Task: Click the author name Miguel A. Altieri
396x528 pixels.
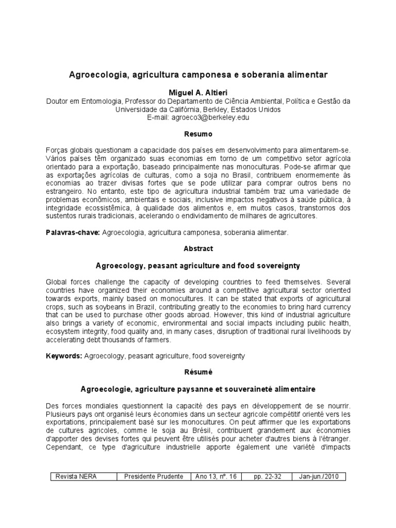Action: [x=199, y=91]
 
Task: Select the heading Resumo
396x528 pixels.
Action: [x=199, y=134]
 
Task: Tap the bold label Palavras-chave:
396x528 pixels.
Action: [x=72, y=233]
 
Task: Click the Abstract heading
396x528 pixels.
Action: [x=199, y=249]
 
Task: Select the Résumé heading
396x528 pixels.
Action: [x=199, y=371]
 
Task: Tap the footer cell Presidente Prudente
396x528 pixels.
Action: [x=153, y=476]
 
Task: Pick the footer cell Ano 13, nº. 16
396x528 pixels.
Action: [x=216, y=476]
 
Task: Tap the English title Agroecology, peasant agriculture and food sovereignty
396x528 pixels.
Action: [x=199, y=265]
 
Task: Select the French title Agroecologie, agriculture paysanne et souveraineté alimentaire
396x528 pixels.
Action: [x=199, y=388]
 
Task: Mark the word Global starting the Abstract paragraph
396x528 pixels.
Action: [x=56, y=282]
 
